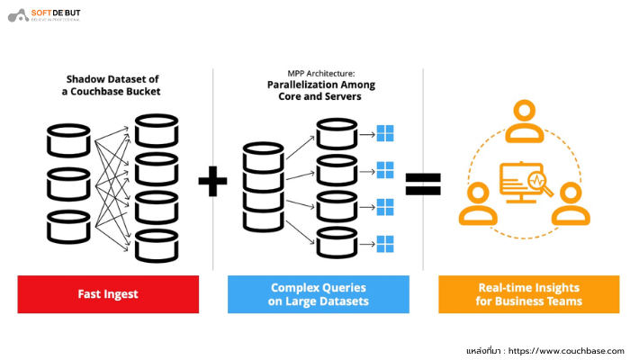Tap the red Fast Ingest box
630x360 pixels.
[x=107, y=294]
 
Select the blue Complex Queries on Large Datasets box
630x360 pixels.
[x=318, y=294]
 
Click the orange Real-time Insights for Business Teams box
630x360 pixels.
[x=528, y=294]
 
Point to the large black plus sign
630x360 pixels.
[x=212, y=183]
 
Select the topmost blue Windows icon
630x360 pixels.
[x=385, y=133]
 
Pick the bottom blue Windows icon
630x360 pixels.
[x=385, y=242]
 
